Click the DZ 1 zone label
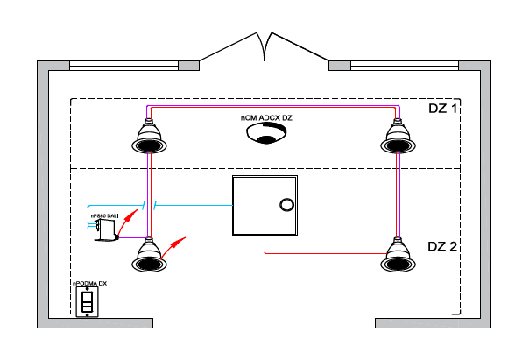pos(442,109)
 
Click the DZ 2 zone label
pos(442,246)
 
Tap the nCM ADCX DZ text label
pos(266,118)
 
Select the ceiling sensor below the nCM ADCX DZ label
pos(266,132)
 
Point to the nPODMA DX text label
pos(90,284)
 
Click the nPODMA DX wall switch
pos(88,301)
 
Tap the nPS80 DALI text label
pos(104,216)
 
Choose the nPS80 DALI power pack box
pos(106,229)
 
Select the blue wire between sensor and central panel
pos(265,159)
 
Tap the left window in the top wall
pos(123,66)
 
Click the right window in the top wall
pos(405,66)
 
